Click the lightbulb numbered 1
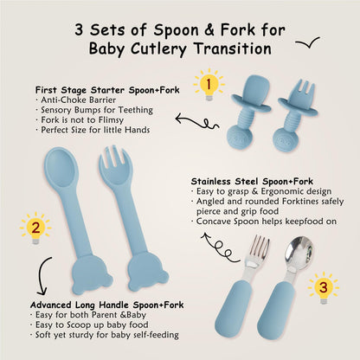(209, 85)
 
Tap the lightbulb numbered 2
(35, 228)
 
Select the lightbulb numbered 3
(324, 287)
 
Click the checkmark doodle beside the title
(308, 42)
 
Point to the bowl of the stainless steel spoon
(299, 251)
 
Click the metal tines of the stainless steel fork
(259, 247)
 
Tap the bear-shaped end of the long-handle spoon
(92, 273)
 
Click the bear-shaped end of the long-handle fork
(148, 273)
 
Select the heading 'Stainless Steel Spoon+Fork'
(252, 182)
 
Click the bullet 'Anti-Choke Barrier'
(76, 100)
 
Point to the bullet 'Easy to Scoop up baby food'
(89, 325)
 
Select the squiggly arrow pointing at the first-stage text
(196, 121)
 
